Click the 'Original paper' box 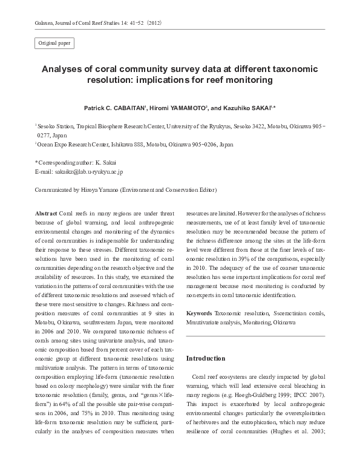click(55, 44)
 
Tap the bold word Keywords click(199, 313)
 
